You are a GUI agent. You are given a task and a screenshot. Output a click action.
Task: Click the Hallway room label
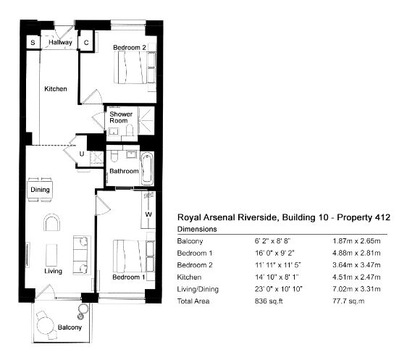click(x=60, y=42)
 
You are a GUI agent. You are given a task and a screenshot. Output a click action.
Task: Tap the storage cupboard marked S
click(x=33, y=42)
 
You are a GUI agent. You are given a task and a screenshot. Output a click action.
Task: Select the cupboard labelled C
click(x=86, y=42)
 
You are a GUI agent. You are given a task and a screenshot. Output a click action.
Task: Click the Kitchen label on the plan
click(x=56, y=89)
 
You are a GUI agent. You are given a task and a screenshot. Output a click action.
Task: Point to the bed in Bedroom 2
click(x=131, y=67)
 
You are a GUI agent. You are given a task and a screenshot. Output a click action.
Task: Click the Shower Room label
click(x=121, y=117)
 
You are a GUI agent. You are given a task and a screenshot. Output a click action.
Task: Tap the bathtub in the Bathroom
click(x=147, y=168)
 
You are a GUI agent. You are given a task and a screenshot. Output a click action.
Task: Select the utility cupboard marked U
click(x=83, y=154)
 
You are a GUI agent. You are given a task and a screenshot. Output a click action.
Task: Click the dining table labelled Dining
click(x=40, y=190)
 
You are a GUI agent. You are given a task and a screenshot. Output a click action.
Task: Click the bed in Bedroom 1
click(x=130, y=256)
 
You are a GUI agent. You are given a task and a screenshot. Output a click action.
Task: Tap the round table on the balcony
click(x=45, y=326)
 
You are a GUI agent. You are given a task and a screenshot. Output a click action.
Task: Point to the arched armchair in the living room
click(x=52, y=222)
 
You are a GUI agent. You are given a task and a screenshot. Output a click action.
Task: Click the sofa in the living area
click(x=82, y=255)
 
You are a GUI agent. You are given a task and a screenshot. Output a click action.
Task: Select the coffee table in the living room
click(x=51, y=255)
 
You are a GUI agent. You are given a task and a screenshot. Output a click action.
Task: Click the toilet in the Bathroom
click(x=114, y=156)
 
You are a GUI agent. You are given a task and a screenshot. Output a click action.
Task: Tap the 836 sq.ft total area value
click(x=269, y=301)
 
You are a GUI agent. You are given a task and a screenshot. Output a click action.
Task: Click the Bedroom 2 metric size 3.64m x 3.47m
click(x=356, y=265)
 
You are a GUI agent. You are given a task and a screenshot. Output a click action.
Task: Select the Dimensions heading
click(x=197, y=229)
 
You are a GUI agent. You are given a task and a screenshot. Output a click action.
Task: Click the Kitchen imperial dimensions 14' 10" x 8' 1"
click(x=277, y=277)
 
